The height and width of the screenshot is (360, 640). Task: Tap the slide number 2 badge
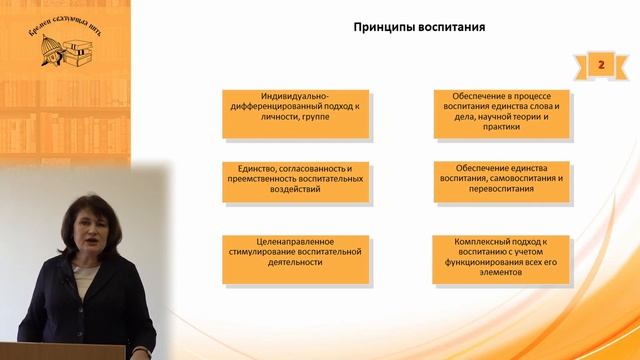click(602, 65)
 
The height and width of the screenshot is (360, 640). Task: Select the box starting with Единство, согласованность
click(296, 180)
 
